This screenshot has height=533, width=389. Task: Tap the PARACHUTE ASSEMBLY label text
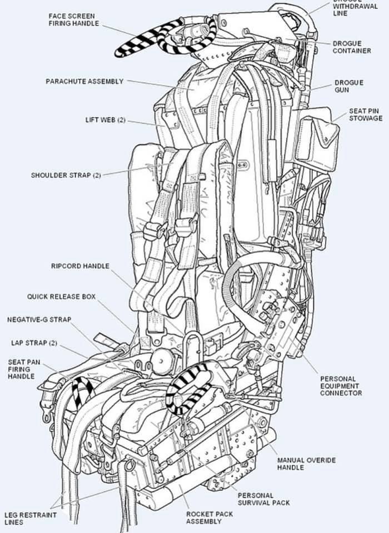(84, 82)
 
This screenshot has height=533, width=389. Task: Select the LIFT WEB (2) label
(106, 120)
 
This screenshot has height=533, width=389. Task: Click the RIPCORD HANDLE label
(80, 266)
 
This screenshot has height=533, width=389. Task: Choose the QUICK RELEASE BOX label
(61, 297)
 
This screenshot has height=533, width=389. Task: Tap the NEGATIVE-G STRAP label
(39, 320)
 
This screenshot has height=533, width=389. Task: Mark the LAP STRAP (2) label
(34, 343)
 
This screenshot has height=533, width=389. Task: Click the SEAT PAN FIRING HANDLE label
(21, 369)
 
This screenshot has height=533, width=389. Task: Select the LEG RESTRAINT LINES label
(30, 519)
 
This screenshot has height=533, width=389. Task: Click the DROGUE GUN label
(348, 86)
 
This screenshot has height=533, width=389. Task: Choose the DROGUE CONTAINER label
(352, 47)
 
